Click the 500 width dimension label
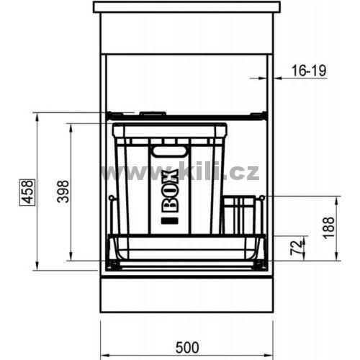pyautogui.click(x=187, y=348)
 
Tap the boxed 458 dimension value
pyautogui.click(x=27, y=192)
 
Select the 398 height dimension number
pyautogui.click(x=63, y=192)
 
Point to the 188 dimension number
pyautogui.click(x=328, y=228)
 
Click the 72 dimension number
pyautogui.click(x=296, y=248)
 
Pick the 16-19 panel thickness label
pyautogui.click(x=309, y=71)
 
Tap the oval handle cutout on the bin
pyautogui.click(x=170, y=152)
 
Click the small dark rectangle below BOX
pyautogui.click(x=170, y=220)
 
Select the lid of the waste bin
pyautogui.click(x=170, y=130)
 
